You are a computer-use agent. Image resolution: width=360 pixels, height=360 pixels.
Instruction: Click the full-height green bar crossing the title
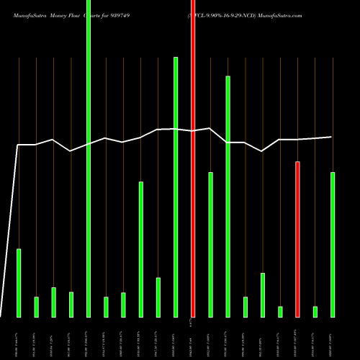[89, 158]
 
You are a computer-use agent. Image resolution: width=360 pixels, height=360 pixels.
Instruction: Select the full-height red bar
[193, 158]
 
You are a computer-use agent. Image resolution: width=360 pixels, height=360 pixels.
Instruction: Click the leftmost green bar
[19, 282]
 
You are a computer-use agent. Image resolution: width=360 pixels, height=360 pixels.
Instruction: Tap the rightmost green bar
[333, 244]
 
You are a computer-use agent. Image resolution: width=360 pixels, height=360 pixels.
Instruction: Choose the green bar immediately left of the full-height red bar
[176, 186]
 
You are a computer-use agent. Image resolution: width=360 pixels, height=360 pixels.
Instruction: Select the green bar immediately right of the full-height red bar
[210, 244]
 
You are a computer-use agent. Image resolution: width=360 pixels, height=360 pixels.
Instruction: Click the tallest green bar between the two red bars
[228, 196]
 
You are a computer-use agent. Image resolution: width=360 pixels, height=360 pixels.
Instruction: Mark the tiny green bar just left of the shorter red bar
[280, 311]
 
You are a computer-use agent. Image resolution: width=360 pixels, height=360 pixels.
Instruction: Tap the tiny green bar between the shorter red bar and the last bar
[315, 311]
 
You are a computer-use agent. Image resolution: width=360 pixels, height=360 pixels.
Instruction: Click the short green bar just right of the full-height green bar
[106, 307]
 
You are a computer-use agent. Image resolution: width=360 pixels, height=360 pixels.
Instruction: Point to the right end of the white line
[331, 137]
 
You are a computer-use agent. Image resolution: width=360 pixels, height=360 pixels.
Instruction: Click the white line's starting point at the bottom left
[1, 316]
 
